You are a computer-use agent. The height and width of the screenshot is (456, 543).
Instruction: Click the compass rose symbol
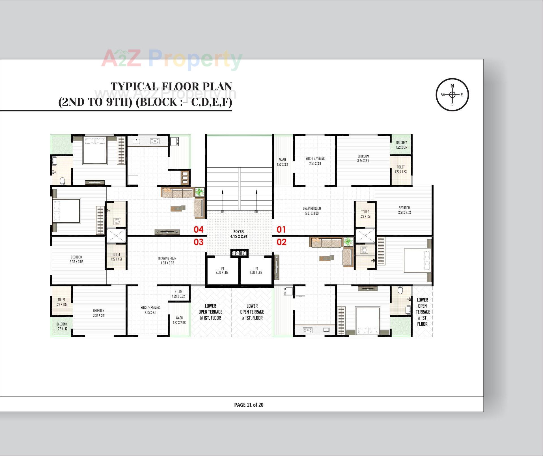452,95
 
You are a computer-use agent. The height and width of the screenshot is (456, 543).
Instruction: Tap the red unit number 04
199,230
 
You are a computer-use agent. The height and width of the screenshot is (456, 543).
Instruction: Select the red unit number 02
281,242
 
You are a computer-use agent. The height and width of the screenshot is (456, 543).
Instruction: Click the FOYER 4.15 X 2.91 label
239,234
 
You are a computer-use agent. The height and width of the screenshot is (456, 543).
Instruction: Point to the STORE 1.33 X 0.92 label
178,294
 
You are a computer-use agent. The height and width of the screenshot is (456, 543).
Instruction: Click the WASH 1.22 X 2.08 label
179,320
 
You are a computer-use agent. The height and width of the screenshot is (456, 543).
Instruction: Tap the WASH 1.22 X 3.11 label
282,162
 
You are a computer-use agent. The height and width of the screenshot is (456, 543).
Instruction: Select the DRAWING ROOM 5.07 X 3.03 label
312,211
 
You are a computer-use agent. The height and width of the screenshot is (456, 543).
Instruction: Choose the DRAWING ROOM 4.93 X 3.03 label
167,260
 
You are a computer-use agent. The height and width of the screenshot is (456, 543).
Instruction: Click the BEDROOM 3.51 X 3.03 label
404,210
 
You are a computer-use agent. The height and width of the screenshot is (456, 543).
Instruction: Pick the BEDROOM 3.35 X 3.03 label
76,259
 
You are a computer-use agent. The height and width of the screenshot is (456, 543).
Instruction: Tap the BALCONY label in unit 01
401,145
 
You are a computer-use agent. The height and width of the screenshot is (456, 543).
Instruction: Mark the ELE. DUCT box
239,253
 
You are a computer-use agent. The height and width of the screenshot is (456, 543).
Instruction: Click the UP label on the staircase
223,212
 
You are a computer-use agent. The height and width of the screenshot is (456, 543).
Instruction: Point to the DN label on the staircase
256,212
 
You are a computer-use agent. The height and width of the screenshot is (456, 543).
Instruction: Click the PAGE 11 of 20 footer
249,405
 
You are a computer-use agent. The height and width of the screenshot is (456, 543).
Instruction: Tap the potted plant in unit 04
200,192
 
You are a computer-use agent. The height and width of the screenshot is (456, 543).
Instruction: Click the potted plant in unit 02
348,242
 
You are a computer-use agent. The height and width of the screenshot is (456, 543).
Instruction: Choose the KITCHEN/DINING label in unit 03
150,310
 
